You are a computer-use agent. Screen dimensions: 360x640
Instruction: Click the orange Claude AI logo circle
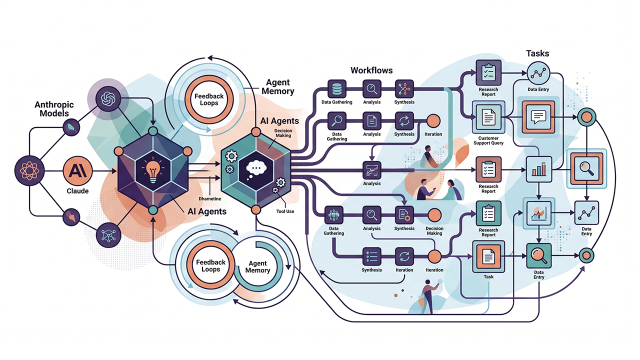(x=77, y=170)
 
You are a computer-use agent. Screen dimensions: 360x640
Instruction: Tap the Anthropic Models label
(x=54, y=109)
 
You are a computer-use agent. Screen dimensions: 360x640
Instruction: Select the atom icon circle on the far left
(x=29, y=170)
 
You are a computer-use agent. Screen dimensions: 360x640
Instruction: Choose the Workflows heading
(x=371, y=70)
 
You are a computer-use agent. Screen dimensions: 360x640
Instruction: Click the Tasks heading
(x=537, y=53)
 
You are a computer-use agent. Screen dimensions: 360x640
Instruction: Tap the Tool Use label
(x=285, y=211)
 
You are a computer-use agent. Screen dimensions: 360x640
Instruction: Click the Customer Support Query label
(x=488, y=140)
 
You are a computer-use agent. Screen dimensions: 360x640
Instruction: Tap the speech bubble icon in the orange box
(x=538, y=117)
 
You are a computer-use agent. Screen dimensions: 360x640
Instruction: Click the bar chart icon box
(x=538, y=169)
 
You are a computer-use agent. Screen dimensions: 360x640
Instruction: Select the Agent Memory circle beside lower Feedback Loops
(x=257, y=266)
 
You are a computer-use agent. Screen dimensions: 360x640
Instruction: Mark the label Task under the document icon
(x=488, y=276)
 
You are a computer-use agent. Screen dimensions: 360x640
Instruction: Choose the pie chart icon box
(x=538, y=213)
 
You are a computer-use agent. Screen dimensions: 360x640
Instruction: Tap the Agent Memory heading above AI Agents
(x=277, y=87)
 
